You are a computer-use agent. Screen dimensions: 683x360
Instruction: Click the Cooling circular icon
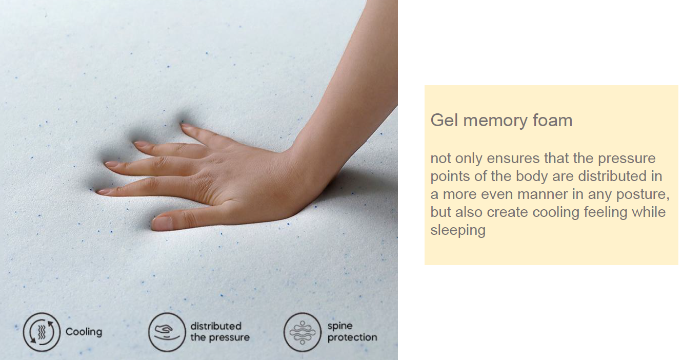click(x=42, y=332)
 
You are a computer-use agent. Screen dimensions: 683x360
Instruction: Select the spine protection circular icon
click(x=303, y=332)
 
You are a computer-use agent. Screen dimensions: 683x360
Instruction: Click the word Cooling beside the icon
click(x=84, y=332)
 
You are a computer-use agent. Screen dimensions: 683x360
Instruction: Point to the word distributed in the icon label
click(x=216, y=326)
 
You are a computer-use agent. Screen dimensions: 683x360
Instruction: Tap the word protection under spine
click(x=352, y=337)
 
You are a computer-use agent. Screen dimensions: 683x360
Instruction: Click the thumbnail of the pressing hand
click(x=162, y=223)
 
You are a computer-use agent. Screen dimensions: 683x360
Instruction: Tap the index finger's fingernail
click(x=104, y=192)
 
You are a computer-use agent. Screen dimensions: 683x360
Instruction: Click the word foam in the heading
click(x=552, y=120)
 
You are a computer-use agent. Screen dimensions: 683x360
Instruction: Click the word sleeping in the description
click(x=458, y=230)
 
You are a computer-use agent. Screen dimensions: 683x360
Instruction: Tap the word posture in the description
click(x=643, y=194)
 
